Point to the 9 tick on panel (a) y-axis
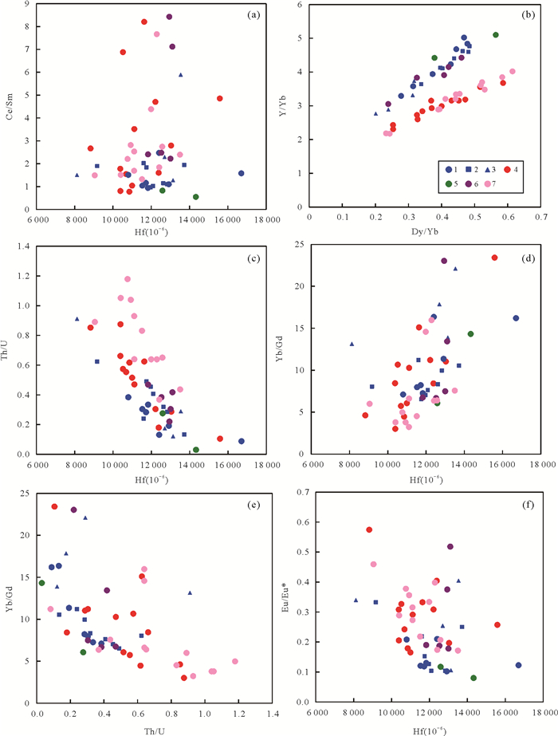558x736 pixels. [x=27, y=4]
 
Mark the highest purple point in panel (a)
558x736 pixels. [x=169, y=17]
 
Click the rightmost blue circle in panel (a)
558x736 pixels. [x=241, y=173]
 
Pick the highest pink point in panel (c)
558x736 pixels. [x=128, y=279]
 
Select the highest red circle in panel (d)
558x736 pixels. [x=494, y=258]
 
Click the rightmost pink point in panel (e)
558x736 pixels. [x=235, y=661]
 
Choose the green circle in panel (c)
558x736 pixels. [x=196, y=450]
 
